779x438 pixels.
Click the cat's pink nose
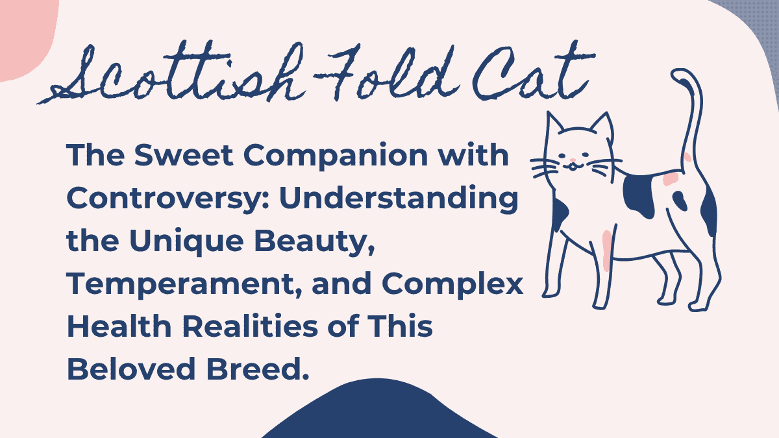(x=572, y=160)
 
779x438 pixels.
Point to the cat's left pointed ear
(x=555, y=125)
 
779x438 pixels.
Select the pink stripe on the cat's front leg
(x=607, y=250)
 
